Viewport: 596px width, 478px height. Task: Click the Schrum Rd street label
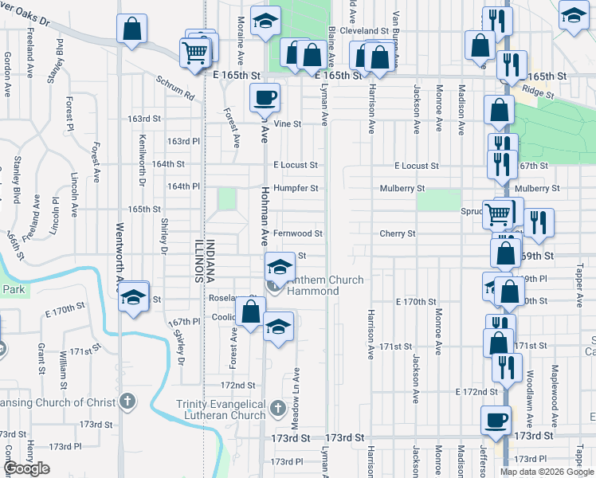click(175, 88)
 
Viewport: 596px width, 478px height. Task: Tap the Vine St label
click(288, 123)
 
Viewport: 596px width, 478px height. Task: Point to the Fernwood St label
click(297, 233)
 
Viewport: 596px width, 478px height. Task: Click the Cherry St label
click(398, 233)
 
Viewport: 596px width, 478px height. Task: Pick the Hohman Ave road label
click(265, 216)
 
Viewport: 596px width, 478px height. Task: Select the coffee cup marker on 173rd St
click(496, 419)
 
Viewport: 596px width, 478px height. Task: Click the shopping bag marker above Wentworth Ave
click(132, 29)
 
